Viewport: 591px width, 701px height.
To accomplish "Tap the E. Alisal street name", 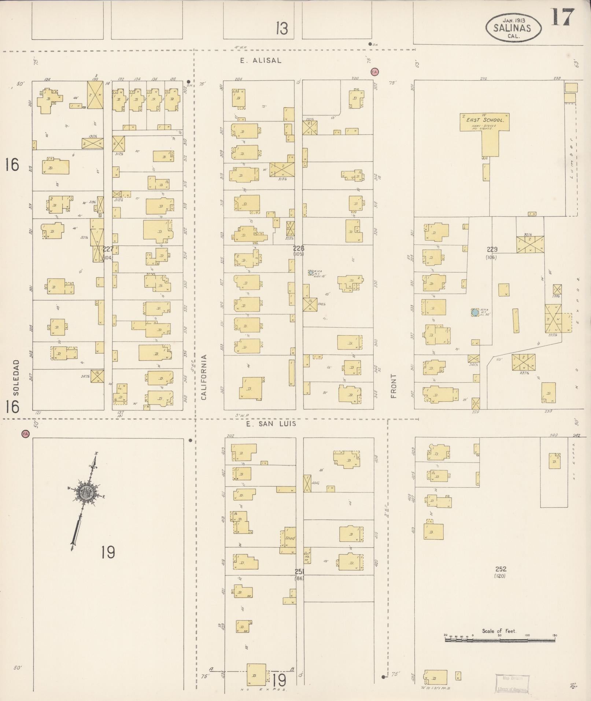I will tap(261, 61).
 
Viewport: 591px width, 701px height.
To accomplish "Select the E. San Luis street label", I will tap(270, 424).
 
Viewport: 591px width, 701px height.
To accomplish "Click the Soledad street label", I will tap(15, 377).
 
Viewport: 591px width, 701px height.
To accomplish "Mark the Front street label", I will tap(394, 386).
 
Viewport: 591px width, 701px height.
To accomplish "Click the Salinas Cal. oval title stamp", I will tap(513, 27).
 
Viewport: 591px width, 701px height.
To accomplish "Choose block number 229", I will tap(492, 250).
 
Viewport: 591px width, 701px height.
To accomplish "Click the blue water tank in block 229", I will tap(475, 312).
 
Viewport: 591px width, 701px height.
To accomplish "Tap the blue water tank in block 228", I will tap(311, 272).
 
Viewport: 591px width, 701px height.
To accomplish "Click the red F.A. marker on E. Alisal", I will tap(374, 72).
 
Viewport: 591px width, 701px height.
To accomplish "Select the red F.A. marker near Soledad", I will tap(25, 434).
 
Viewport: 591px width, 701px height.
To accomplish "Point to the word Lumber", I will tap(570, 162).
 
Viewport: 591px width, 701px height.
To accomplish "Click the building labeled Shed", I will tap(289, 538).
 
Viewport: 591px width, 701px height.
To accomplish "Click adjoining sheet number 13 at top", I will tap(282, 29).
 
